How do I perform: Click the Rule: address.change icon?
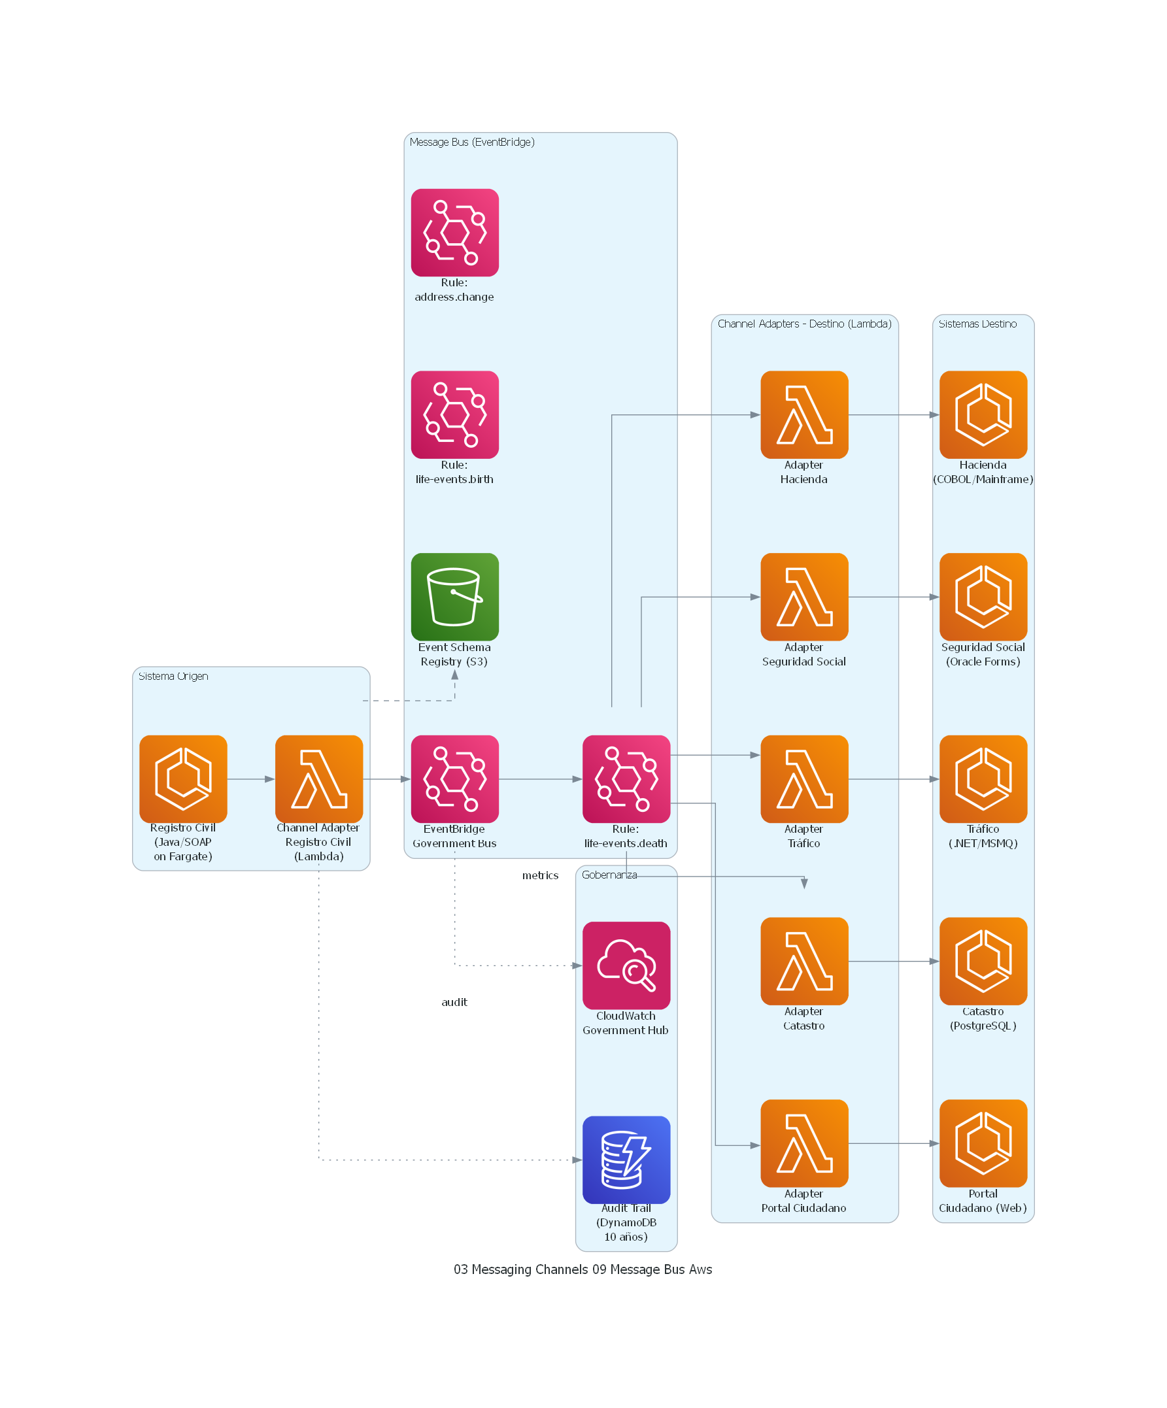455,233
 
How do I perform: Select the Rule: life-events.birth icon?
455,414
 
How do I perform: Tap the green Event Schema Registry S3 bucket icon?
455,597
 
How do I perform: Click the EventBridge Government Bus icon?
455,779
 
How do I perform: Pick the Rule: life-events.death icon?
626,779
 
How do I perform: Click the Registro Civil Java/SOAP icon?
183,779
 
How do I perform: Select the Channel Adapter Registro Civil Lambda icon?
318,779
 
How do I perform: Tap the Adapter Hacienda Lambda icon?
804,414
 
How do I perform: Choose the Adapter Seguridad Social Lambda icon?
804,597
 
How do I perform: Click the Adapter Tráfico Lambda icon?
804,779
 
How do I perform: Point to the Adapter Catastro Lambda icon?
804,961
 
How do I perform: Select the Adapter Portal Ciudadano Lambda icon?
804,1143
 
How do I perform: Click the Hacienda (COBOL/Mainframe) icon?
983,414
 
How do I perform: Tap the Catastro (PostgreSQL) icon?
983,961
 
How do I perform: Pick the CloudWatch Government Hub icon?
626,965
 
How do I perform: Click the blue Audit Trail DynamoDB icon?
626,1159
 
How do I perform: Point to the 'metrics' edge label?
540,875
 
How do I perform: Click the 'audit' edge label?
454,1001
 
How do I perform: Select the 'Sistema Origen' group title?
173,676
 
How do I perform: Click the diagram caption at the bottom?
583,1269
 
